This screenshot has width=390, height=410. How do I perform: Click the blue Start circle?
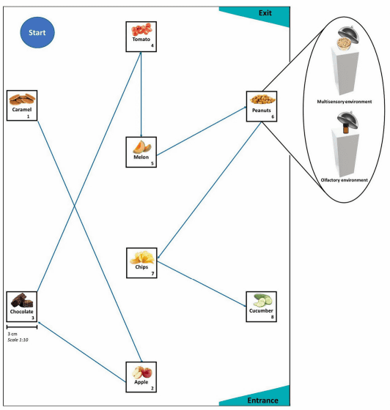[x=37, y=32]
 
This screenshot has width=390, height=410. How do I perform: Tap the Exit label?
[x=265, y=13]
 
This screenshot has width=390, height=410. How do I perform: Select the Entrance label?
[x=262, y=400]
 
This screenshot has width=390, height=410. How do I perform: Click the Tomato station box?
[x=141, y=37]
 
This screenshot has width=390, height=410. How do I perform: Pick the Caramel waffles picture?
[x=22, y=100]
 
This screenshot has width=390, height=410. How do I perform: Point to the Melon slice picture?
[x=142, y=146]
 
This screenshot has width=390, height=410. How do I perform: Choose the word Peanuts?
[x=261, y=111]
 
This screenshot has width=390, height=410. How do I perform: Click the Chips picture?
[x=142, y=257]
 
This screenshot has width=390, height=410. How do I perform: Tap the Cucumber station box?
[x=261, y=307]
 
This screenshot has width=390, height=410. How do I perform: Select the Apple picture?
[x=142, y=373]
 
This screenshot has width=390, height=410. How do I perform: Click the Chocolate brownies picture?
[x=22, y=300]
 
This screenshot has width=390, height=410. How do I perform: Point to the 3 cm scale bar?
[x=22, y=327]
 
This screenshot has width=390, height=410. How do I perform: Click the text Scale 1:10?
[x=18, y=340]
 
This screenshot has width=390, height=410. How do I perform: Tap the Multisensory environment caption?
[x=345, y=102]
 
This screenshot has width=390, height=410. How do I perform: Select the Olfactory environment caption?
[x=345, y=180]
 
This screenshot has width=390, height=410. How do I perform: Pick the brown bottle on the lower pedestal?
[x=346, y=129]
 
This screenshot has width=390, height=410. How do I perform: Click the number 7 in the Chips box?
[x=152, y=274]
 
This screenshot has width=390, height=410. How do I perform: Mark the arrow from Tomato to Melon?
[x=141, y=94]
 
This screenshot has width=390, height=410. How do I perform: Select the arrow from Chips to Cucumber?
[x=202, y=284]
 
